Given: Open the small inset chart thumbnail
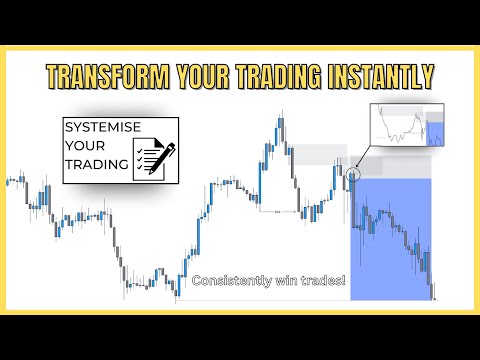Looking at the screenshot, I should (x=406, y=126).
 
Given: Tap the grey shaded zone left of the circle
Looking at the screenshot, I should (x=318, y=154).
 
